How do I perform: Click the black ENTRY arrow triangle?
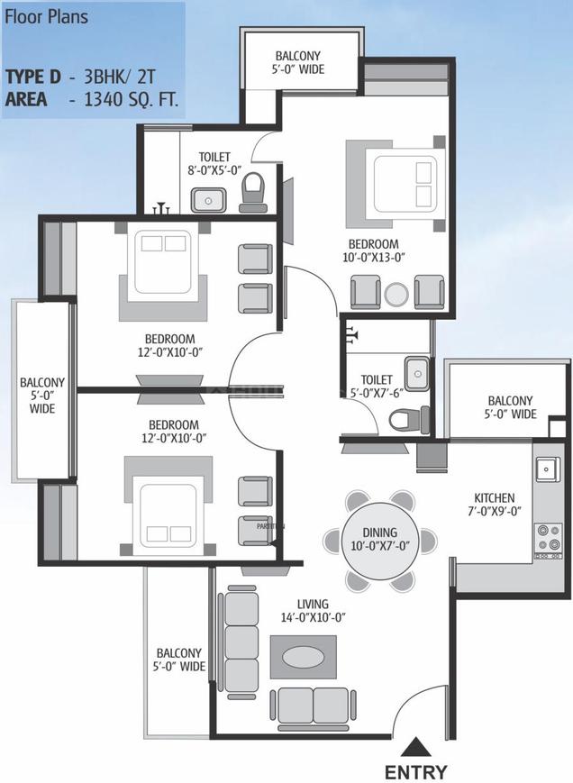(415, 749)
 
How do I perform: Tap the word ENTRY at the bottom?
(415, 771)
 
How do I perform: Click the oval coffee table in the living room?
(304, 657)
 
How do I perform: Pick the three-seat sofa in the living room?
(241, 642)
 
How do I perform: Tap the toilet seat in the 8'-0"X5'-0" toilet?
(254, 193)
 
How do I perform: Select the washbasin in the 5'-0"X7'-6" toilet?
(417, 373)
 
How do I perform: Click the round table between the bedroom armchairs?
(397, 296)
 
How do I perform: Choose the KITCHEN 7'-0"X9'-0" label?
(494, 505)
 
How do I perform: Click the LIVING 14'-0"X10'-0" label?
(313, 611)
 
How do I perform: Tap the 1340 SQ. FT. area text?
(132, 99)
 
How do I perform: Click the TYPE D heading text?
(33, 77)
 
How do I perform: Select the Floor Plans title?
(46, 17)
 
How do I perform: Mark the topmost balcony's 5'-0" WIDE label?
(298, 68)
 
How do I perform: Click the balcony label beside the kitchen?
(510, 407)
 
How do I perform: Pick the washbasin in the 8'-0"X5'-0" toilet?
(208, 200)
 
